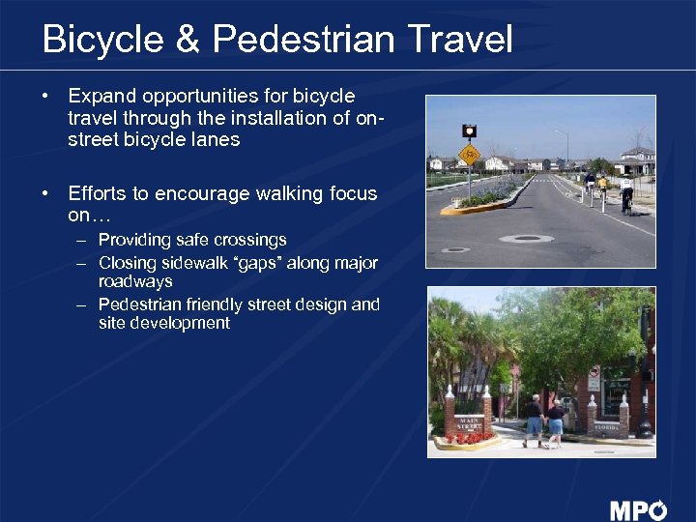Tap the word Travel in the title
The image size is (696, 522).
pyautogui.click(x=459, y=41)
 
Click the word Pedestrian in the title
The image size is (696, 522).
pyautogui.click(x=304, y=41)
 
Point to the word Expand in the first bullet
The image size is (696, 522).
pyautogui.click(x=102, y=97)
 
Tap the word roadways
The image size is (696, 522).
pyautogui.click(x=135, y=282)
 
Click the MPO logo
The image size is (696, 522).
pyautogui.click(x=638, y=509)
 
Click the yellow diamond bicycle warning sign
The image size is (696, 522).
pyautogui.click(x=469, y=155)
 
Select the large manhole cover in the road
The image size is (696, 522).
pyautogui.click(x=527, y=238)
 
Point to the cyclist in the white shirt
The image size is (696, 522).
pyautogui.click(x=626, y=191)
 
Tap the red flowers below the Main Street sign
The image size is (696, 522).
pyautogui.click(x=468, y=438)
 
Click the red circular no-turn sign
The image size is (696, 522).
pyautogui.click(x=594, y=371)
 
